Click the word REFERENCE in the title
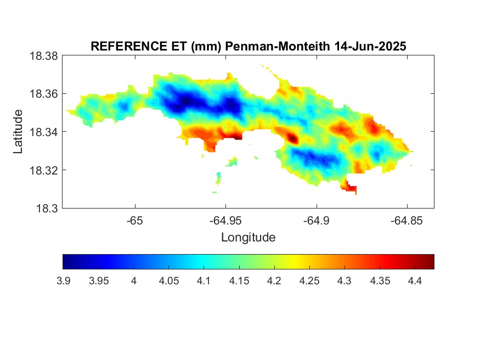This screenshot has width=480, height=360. [x=129, y=46]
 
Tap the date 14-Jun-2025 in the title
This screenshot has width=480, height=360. [x=370, y=46]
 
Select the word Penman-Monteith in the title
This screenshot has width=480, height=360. [x=278, y=46]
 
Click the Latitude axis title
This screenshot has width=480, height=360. [x=18, y=131]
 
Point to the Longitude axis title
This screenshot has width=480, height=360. [x=249, y=237]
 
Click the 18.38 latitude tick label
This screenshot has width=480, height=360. [x=43, y=56]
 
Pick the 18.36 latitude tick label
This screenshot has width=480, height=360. [x=43, y=94]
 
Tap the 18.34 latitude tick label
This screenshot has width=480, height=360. [x=43, y=132]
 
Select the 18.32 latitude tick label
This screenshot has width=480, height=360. [x=43, y=170]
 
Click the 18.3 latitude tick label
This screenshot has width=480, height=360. [x=47, y=209]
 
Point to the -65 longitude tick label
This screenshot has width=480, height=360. [x=135, y=221]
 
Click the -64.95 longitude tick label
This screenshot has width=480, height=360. [x=225, y=221]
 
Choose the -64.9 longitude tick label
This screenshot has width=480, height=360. [x=316, y=221]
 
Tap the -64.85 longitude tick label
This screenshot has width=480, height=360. [x=406, y=221]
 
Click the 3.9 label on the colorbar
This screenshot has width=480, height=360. [x=64, y=281]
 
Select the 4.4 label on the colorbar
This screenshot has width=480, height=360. [x=415, y=281]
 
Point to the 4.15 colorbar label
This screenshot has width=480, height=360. [x=239, y=281]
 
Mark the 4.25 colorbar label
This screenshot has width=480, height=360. [x=309, y=281]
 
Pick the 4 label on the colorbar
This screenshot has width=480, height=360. [x=134, y=281]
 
